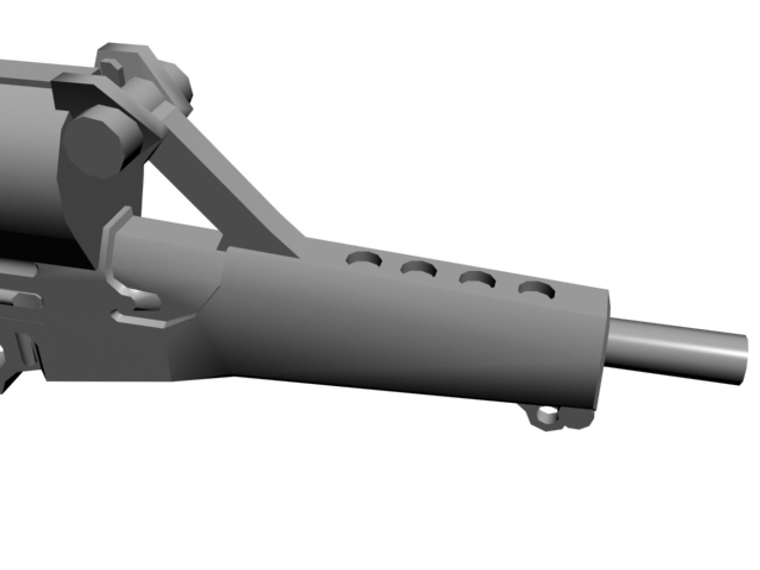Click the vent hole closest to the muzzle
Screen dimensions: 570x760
coord(537,289)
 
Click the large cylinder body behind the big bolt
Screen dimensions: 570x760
coord(26,158)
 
